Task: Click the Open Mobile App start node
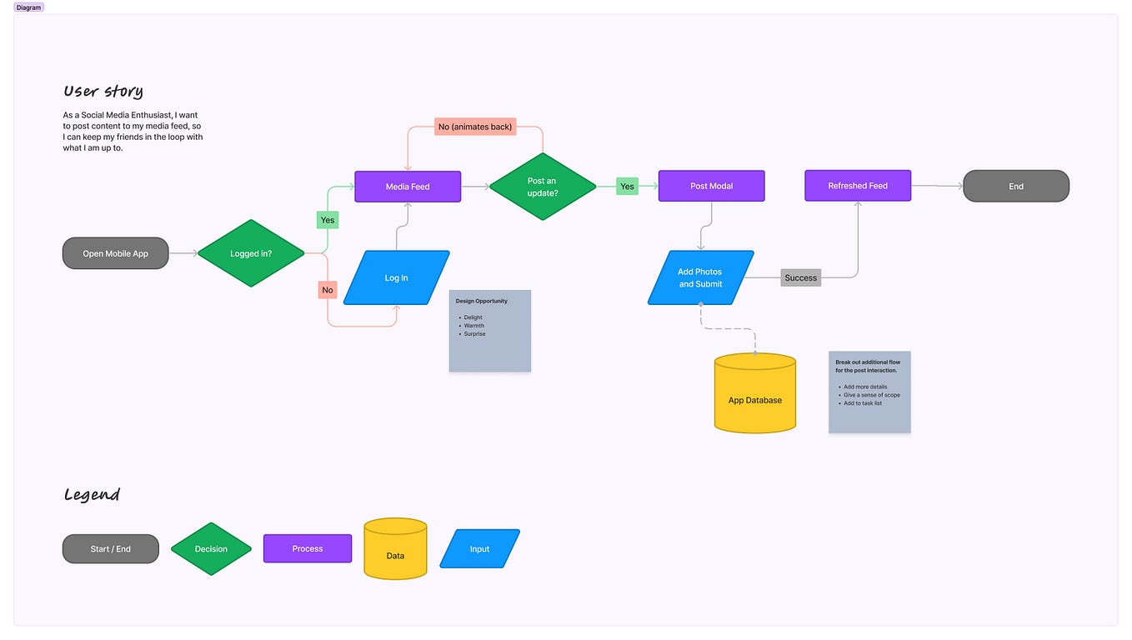coord(116,253)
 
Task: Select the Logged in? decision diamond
coord(251,253)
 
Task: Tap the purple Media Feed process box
coord(408,187)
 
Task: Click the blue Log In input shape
coord(397,277)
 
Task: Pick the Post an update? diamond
coord(542,187)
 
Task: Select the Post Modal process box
coord(711,186)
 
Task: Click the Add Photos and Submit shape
coord(700,277)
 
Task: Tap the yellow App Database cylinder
coord(755,395)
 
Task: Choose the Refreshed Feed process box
coord(858,186)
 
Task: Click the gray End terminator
coord(1016,186)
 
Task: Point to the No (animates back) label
coord(475,127)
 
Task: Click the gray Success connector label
coord(801,277)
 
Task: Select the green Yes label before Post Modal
coord(627,187)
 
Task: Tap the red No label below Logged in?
coord(328,290)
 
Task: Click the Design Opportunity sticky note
coord(490,331)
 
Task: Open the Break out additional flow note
coord(869,392)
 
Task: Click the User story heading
coord(103,91)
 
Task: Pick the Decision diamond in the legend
coord(211,548)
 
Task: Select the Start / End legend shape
coord(111,548)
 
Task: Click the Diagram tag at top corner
coord(28,7)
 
